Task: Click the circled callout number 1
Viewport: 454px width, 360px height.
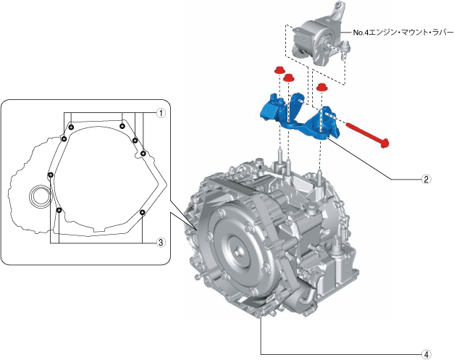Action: [163, 112]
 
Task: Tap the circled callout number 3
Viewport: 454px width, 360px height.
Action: [163, 243]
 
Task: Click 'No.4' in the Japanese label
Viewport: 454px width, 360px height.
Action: [361, 33]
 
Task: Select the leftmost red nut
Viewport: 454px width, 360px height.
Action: [277, 70]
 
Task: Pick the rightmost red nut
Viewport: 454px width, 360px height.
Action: [321, 88]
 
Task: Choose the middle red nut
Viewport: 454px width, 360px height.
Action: [288, 78]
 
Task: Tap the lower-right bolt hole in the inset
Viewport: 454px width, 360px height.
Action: [142, 212]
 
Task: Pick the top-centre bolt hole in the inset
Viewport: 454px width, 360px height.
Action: [122, 127]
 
